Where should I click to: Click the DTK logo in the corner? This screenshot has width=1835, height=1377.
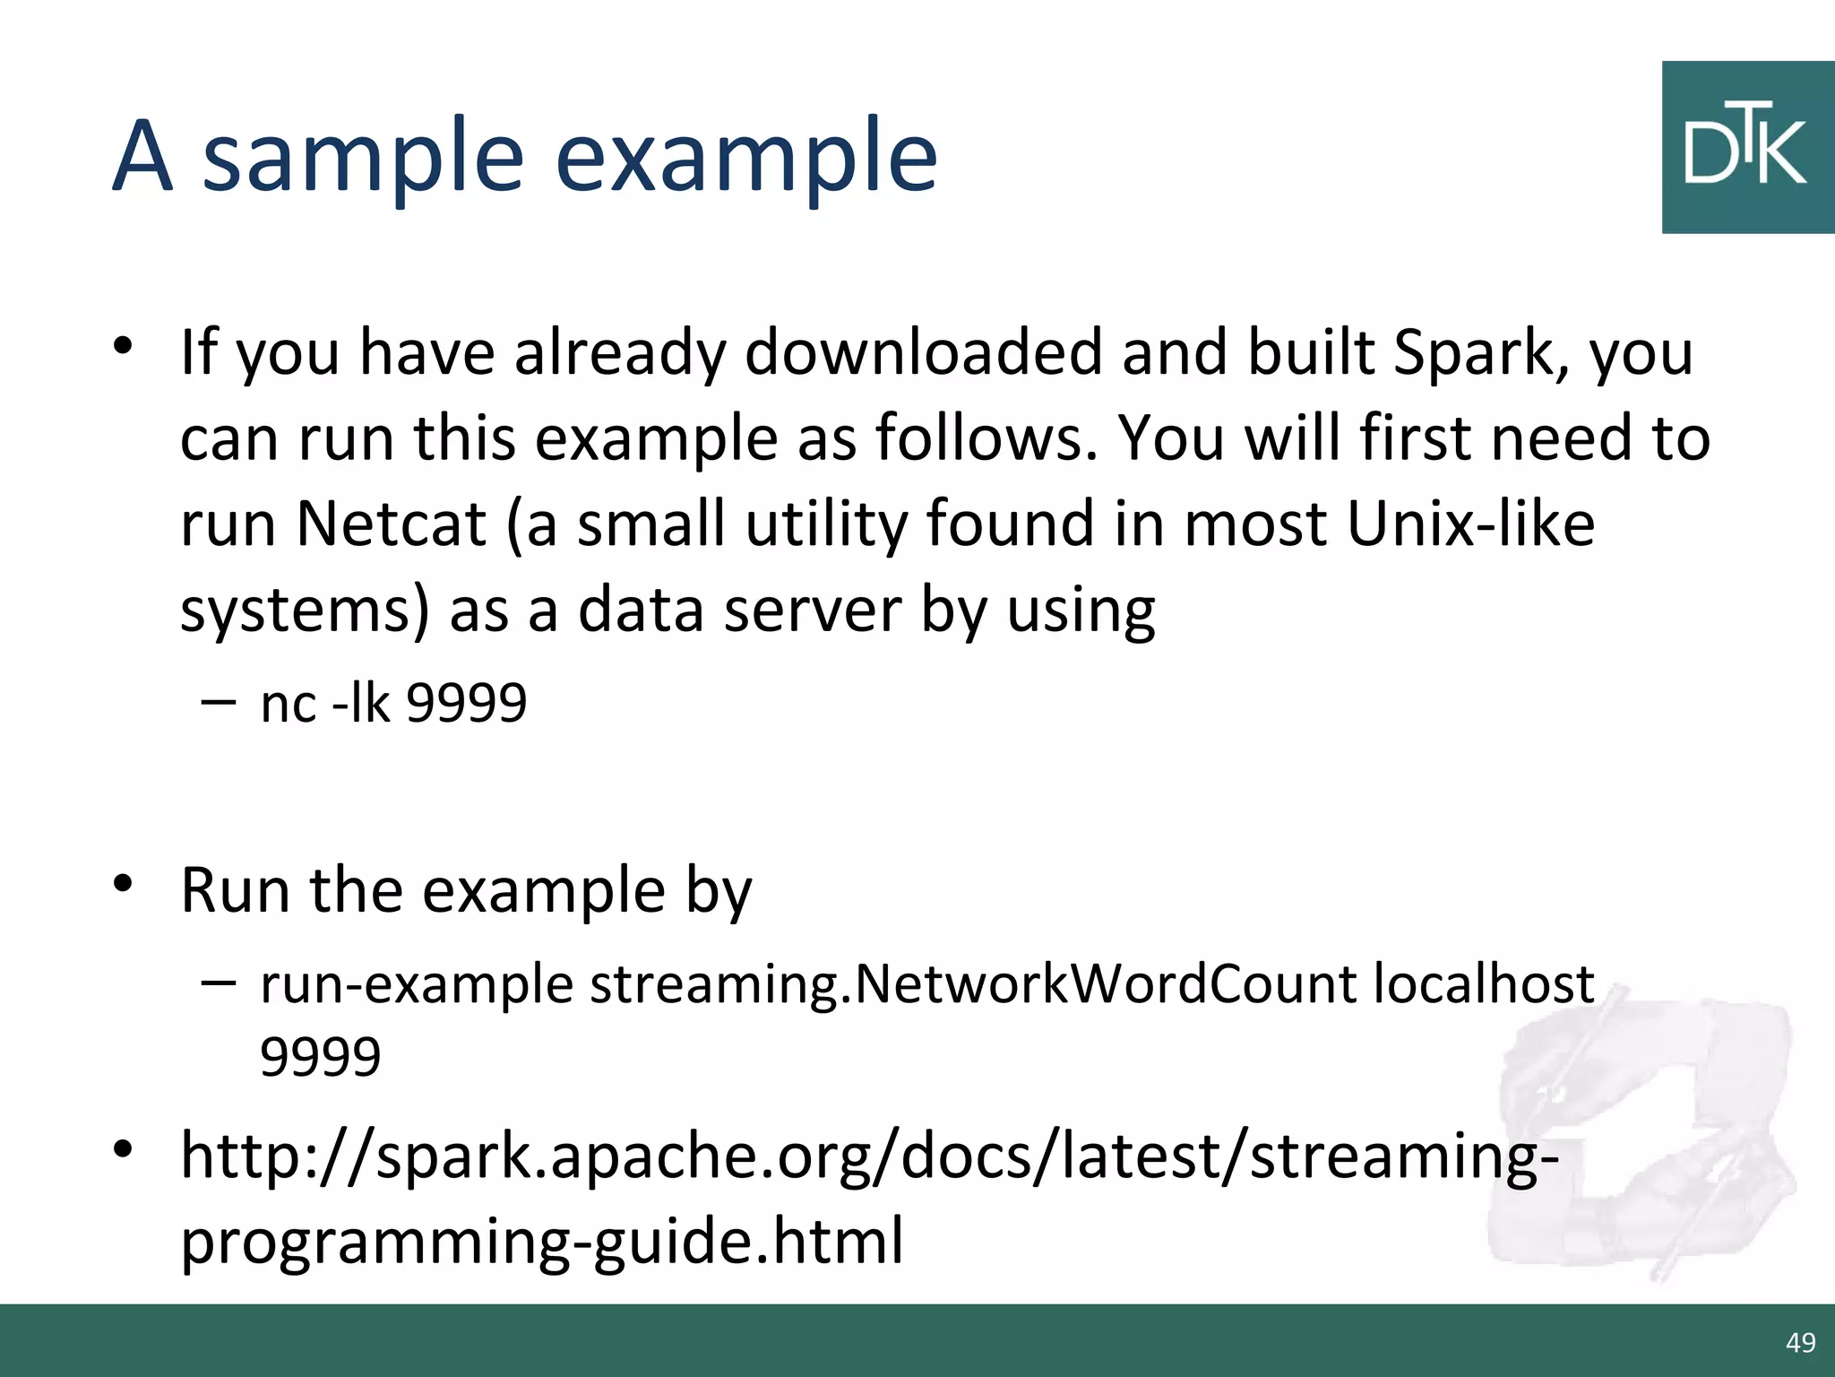(1746, 148)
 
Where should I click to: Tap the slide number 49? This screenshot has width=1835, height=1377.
(1800, 1342)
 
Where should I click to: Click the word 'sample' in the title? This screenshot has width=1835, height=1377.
(363, 158)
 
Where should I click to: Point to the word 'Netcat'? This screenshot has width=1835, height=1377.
(391, 524)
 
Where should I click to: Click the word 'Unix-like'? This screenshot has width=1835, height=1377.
(1470, 524)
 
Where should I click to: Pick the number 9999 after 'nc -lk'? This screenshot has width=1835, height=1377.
(467, 703)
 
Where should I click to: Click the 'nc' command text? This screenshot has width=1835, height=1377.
(288, 705)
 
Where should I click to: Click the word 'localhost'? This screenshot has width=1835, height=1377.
(1484, 984)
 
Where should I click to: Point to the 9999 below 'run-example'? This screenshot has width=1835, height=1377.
(321, 1056)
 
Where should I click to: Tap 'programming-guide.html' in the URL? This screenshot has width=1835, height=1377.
(542, 1243)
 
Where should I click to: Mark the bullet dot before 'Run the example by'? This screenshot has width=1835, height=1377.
(123, 884)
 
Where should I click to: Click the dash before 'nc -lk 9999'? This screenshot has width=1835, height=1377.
(218, 701)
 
